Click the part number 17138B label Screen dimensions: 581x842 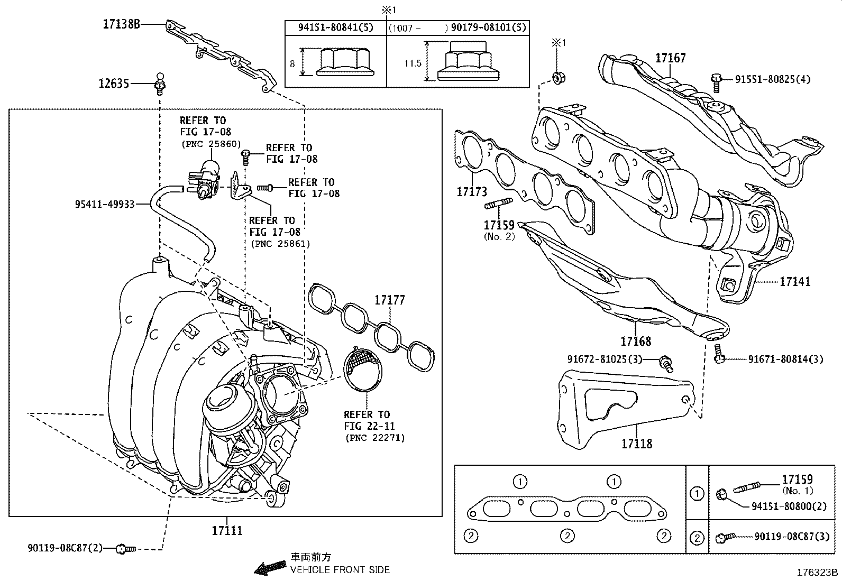[121, 24]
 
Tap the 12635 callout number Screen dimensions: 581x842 [114, 84]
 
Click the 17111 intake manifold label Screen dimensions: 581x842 [227, 530]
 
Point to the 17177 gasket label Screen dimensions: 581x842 [390, 300]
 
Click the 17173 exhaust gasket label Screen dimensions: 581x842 [472, 191]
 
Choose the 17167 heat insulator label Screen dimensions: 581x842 [671, 58]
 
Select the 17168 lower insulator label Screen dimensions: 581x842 [636, 341]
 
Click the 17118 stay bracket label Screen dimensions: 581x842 [636, 444]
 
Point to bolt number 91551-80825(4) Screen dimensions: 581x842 [772, 80]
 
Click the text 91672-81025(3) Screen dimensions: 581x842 [605, 359]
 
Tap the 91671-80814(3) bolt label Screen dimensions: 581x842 [785, 359]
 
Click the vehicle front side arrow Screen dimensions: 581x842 [267, 569]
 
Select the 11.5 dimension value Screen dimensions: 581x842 [413, 63]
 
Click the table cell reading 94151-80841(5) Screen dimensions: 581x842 [335, 27]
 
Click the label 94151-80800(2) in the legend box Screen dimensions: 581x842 [789, 506]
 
